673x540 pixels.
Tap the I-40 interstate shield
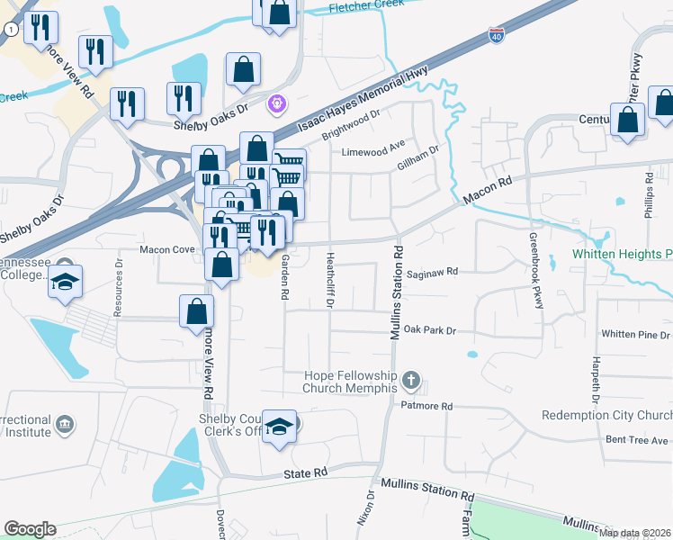498,35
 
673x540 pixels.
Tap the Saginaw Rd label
433,271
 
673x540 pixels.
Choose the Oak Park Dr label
429,330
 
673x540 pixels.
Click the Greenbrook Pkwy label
536,271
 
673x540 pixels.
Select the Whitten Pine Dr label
635,334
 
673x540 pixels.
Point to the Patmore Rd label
428,406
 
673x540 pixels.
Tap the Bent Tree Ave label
637,440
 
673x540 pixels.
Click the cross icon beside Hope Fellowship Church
411,381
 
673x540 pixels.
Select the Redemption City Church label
606,415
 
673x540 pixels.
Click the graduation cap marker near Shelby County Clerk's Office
280,425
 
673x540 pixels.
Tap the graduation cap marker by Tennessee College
66,281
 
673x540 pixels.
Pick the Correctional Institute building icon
64,423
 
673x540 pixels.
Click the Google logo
30,529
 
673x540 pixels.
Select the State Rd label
302,473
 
